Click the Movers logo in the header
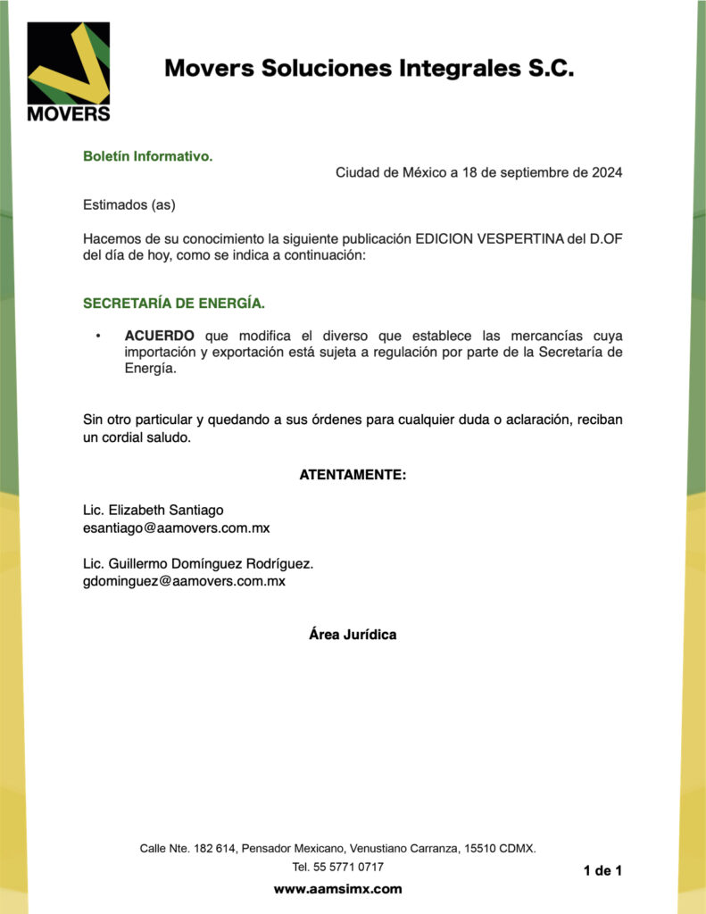(69, 71)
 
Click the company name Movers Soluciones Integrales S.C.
(369, 68)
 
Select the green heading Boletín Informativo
(148, 156)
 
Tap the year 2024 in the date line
(607, 172)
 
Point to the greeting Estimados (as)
(129, 205)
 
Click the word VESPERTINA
(520, 239)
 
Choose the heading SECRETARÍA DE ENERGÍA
(174, 303)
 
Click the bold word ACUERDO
(160, 336)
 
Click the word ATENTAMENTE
(353, 475)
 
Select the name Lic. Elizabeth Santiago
(154, 510)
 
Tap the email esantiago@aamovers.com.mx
(176, 528)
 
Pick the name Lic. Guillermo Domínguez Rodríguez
(198, 564)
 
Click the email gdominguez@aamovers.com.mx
(184, 582)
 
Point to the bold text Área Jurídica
(353, 635)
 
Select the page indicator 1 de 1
(602, 870)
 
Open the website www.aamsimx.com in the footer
(337, 889)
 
